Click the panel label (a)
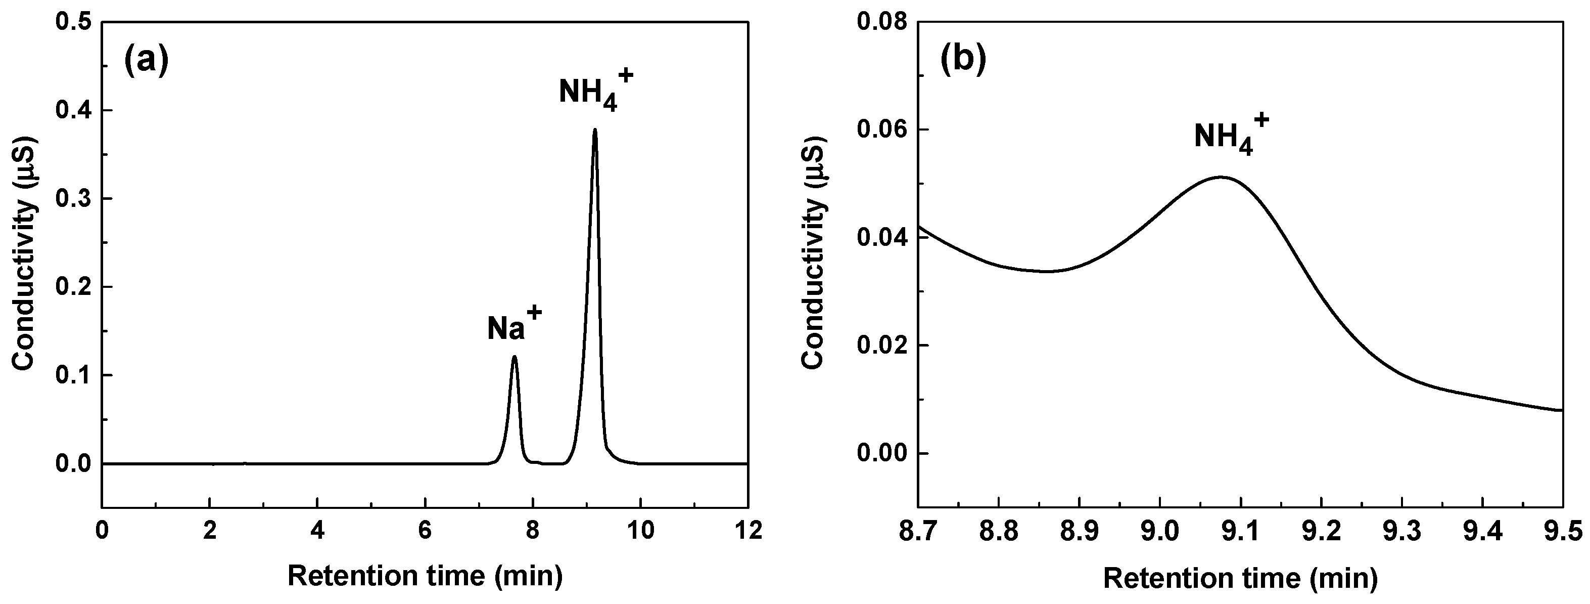[x=146, y=62]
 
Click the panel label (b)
[x=963, y=60]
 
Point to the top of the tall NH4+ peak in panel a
[x=594, y=129]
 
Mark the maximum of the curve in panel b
[x=1220, y=177]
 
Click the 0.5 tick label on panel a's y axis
[x=73, y=22]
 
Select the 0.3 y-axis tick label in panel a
[x=73, y=199]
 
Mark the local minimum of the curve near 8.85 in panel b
[x=1048, y=271]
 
